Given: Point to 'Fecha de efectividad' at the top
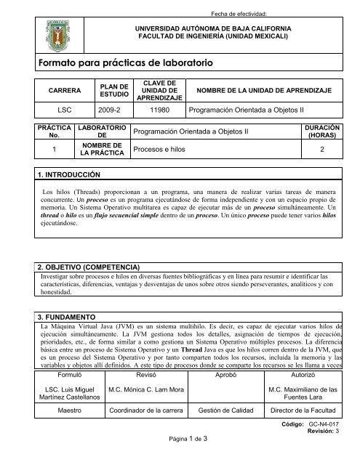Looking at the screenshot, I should [218, 13].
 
